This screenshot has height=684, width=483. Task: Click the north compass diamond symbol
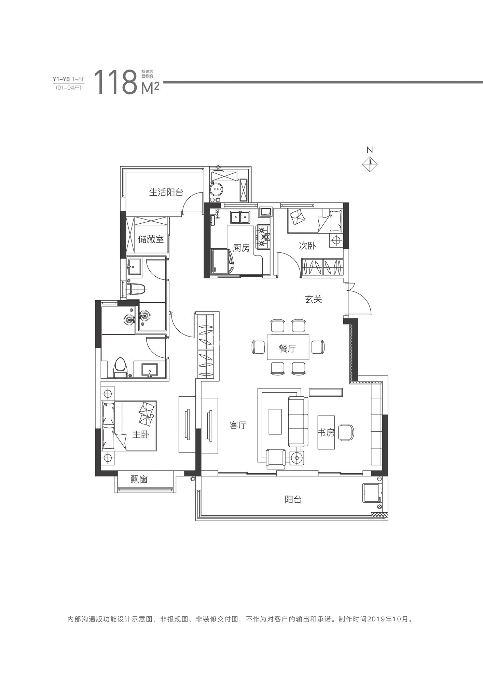(370, 165)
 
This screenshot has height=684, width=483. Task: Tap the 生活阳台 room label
(166, 192)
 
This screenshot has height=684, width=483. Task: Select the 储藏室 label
(151, 239)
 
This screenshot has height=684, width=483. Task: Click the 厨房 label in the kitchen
(241, 248)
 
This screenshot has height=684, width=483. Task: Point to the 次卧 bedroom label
(307, 246)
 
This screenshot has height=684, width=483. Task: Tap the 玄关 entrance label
(314, 299)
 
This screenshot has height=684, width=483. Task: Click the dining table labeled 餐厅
(288, 347)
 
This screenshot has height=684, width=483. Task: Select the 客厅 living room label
(238, 425)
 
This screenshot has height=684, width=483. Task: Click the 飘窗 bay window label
(139, 479)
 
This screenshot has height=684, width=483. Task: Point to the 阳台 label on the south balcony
(293, 500)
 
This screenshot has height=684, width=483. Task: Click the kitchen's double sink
(240, 217)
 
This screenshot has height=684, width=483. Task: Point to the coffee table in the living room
(275, 421)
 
